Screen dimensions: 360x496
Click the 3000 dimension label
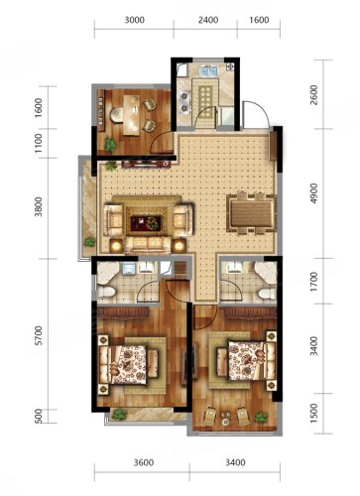pos(134,20)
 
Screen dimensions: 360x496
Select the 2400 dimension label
pos(208,20)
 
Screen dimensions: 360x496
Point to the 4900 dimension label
pos(314,193)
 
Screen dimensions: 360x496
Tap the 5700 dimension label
pos(39,335)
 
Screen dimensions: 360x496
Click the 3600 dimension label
pos(144,462)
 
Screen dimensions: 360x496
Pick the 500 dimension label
pos(39,416)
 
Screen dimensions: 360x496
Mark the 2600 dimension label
pos(314,95)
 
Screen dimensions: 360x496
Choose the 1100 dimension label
pos(39,143)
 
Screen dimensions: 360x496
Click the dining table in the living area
pos(252,213)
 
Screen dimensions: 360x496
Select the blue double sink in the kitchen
pos(208,71)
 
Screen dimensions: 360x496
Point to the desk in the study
pos(132,115)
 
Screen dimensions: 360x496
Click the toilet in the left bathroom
pos(106,292)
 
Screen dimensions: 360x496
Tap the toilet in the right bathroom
pos(267,294)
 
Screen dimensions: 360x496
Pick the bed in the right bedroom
pos(246,361)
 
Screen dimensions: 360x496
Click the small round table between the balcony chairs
pos(226,418)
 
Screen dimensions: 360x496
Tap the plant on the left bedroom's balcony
pos(119,414)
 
